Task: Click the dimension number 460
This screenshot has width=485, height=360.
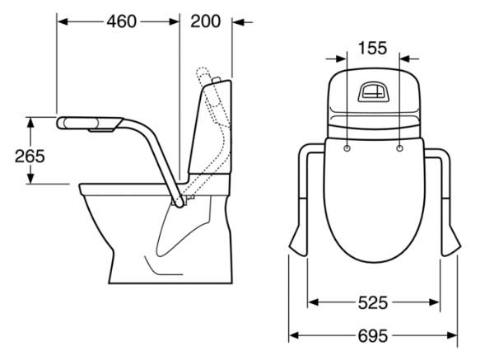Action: (x=121, y=21)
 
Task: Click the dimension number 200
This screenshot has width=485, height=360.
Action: (x=205, y=21)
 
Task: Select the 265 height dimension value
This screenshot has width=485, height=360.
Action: (x=30, y=156)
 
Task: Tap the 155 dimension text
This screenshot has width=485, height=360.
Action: (x=372, y=48)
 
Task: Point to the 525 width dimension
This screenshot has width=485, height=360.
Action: (x=373, y=302)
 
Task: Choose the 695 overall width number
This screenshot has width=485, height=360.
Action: (x=373, y=335)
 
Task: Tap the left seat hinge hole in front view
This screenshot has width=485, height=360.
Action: (x=347, y=148)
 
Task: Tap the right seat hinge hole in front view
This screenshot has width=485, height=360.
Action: (x=399, y=148)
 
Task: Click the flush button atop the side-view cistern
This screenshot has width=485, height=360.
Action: (x=216, y=80)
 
